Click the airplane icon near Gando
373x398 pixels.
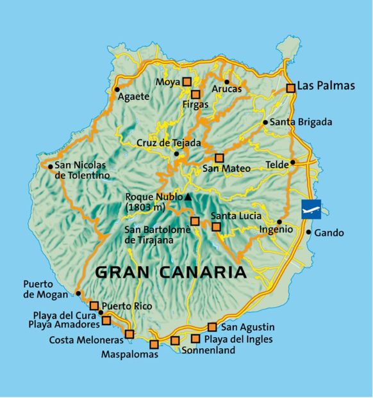(x=311, y=209)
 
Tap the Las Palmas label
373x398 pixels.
(x=326, y=86)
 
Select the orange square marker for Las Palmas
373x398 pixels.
(x=291, y=88)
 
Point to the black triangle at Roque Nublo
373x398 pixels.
(x=188, y=196)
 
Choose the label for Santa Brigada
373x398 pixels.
(x=301, y=122)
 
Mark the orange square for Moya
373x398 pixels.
(x=187, y=81)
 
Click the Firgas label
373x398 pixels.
(x=195, y=104)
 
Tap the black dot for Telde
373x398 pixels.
(x=292, y=163)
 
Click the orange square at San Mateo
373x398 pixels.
(x=219, y=157)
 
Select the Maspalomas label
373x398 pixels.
(x=129, y=354)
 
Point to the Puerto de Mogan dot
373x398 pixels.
(x=78, y=294)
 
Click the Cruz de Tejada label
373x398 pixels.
(x=169, y=143)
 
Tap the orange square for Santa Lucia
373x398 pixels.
(x=216, y=227)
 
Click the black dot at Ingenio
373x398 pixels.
(x=279, y=221)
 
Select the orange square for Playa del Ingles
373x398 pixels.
(x=195, y=338)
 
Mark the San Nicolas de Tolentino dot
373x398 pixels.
(x=50, y=166)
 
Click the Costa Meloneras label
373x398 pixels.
(x=87, y=340)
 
